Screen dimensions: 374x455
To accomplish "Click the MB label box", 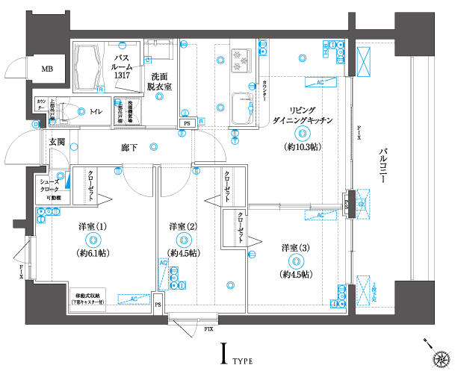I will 47,69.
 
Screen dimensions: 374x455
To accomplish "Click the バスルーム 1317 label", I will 124,66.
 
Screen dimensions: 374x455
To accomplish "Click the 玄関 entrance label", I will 58,142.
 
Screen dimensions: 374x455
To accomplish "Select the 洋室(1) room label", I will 93,226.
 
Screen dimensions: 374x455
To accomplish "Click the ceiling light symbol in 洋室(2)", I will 184,240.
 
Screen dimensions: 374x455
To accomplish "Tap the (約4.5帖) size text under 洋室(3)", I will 297,275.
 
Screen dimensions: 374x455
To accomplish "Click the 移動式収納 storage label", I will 92,296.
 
